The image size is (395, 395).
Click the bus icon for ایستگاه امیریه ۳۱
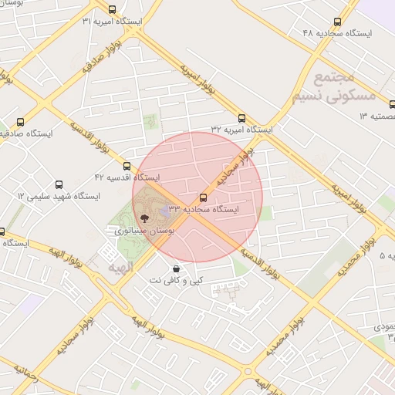[113, 10]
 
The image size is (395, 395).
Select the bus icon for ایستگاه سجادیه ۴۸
[338, 22]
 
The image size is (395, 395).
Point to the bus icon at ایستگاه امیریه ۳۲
[241, 119]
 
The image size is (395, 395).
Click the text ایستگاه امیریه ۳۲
[242, 130]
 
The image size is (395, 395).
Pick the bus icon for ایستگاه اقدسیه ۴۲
[127, 166]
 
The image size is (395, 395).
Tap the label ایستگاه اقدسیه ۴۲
[127, 177]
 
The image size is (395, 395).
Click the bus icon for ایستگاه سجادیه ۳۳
[203, 197]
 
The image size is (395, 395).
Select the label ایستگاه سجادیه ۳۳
[203, 208]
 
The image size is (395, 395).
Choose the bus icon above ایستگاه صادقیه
[20, 122]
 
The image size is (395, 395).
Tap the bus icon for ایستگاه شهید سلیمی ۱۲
[59, 185]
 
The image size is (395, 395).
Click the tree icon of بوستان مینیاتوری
[145, 218]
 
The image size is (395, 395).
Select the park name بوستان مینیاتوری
[145, 230]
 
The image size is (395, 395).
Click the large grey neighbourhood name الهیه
[121, 266]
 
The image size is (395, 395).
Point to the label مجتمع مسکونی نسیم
[333, 87]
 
